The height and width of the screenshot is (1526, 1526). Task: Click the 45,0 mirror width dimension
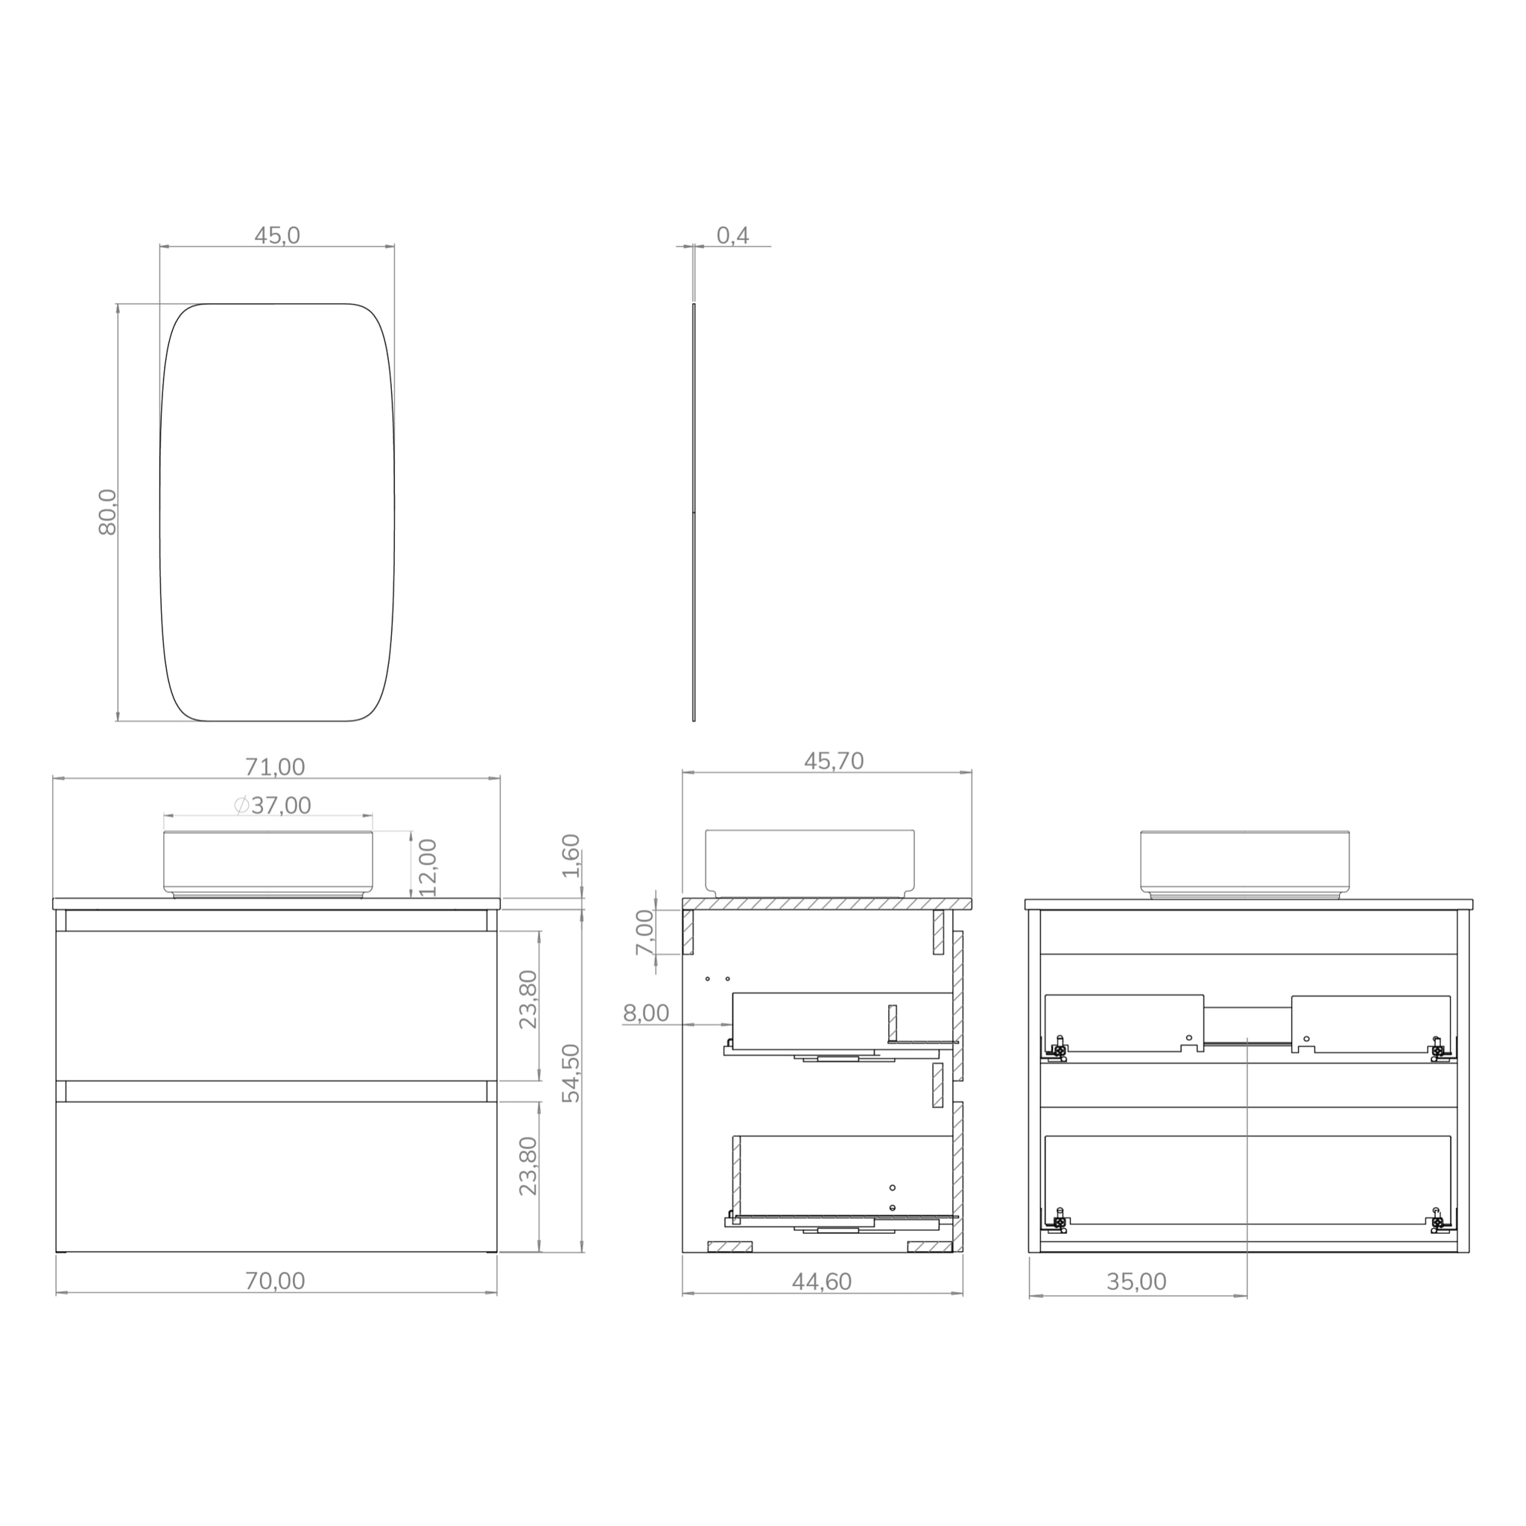277,236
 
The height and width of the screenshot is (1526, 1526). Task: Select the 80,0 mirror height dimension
107,513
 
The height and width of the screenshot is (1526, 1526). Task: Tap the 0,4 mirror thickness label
733,236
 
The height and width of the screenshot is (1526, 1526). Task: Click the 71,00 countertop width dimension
275,767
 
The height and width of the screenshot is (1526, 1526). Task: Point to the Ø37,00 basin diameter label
273,805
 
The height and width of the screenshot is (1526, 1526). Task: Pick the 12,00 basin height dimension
427,867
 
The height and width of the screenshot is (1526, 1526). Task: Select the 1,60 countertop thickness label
571,855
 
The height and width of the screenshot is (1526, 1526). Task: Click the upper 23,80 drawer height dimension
528,999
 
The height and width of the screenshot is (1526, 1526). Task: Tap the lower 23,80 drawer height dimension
528,1166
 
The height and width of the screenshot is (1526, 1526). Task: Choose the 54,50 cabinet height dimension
571,1074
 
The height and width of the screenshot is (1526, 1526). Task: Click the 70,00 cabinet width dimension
275,1281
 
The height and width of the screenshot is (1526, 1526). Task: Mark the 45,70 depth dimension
834,762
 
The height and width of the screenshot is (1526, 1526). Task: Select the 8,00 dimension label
646,1013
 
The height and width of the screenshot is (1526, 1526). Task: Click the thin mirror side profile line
694,513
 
